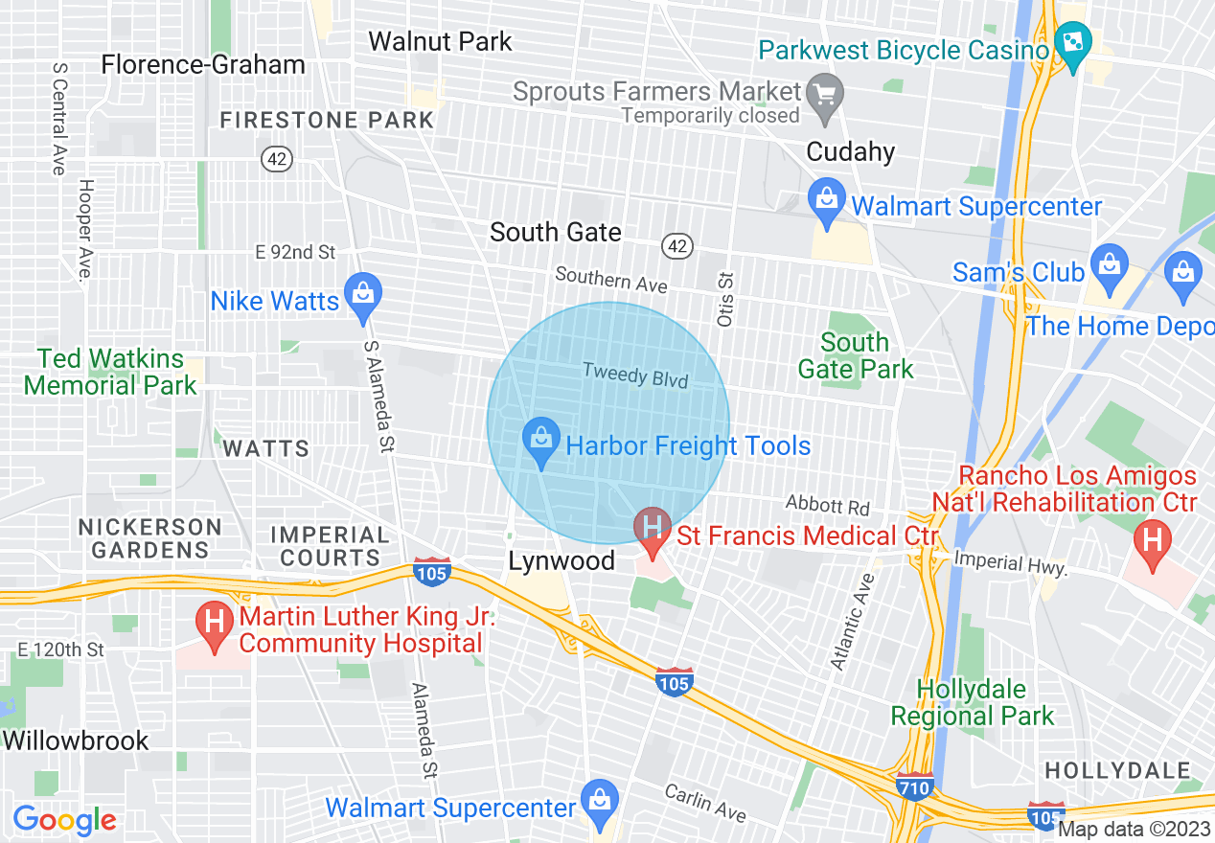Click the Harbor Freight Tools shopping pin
tap(541, 443)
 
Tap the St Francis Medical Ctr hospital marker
tap(653, 531)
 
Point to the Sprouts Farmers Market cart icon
tap(824, 93)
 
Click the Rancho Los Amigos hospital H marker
tap(1152, 541)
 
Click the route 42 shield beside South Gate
tap(676, 246)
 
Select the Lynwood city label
tap(562, 560)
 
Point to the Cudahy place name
tap(851, 152)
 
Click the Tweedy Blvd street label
tap(635, 375)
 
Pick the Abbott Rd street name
tap(828, 505)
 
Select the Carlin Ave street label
tap(705, 803)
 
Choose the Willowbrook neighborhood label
tap(76, 740)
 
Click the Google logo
tap(64, 820)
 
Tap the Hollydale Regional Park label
tap(972, 702)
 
